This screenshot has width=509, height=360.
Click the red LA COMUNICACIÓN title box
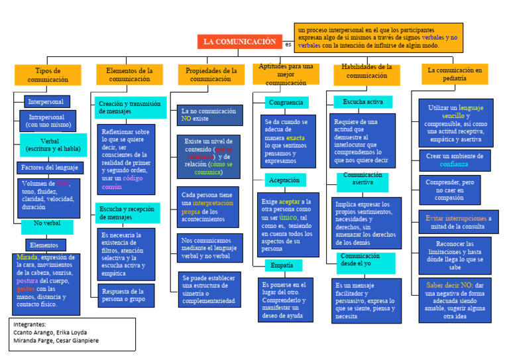tap(240, 42)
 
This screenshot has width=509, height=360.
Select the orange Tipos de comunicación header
tap(48, 74)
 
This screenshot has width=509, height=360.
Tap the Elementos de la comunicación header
tap(130, 74)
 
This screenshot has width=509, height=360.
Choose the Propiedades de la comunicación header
tap(211, 74)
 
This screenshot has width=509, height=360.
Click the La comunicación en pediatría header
tap(455, 74)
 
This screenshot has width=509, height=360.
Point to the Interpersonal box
tap(46, 101)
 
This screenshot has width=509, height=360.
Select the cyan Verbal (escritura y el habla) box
tap(54, 145)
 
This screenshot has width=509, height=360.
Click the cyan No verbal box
tap(47, 223)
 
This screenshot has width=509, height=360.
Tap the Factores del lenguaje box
tap(50, 168)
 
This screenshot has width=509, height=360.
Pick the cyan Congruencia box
tap(286, 103)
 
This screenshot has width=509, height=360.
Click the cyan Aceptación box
tap(285, 180)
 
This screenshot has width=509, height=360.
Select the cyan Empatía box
tap(282, 265)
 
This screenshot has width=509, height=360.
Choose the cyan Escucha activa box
tap(363, 102)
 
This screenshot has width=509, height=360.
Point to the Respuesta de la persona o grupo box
tap(127, 295)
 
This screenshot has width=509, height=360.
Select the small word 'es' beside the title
tap(288, 44)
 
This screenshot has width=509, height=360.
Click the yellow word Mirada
tap(28, 257)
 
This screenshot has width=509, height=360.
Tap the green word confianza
tap(454, 163)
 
